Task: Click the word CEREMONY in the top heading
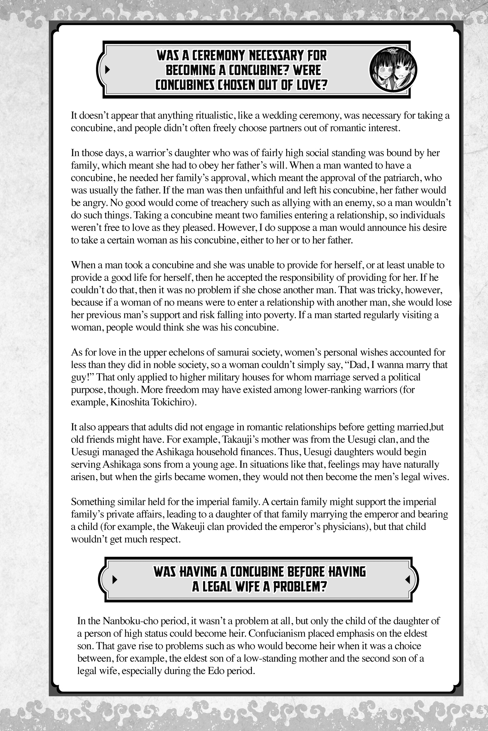[218, 56]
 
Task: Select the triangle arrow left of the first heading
[108, 70]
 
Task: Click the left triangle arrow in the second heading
[114, 579]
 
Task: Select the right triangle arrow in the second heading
[407, 579]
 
